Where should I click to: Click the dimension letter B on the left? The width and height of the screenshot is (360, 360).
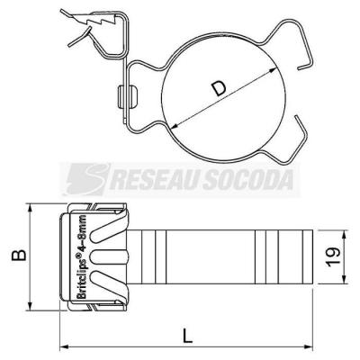(19, 256)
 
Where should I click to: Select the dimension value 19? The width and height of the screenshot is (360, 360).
(333, 257)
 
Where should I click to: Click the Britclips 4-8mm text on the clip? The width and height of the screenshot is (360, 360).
(82, 256)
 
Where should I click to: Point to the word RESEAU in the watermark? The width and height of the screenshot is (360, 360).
(155, 180)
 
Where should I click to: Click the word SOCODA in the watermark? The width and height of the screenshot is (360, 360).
(247, 180)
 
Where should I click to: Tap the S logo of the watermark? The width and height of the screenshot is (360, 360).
(87, 179)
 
